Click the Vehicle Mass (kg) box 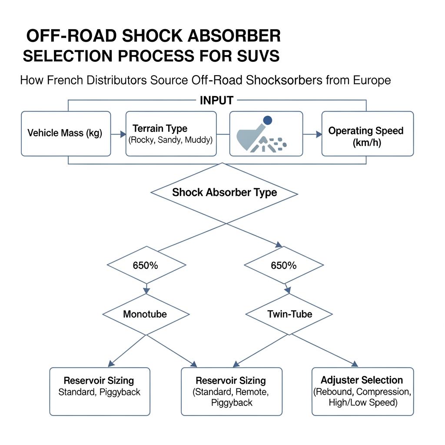coord(66,133)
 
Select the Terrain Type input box coord(171,133)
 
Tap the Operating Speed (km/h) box coord(367,133)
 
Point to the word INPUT coord(216,100)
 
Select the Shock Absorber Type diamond coord(224,193)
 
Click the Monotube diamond coord(146,314)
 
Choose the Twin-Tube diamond coord(289,314)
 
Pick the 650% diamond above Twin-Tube coord(283,265)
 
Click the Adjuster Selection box coord(362,391)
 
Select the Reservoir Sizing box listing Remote coord(231,391)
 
